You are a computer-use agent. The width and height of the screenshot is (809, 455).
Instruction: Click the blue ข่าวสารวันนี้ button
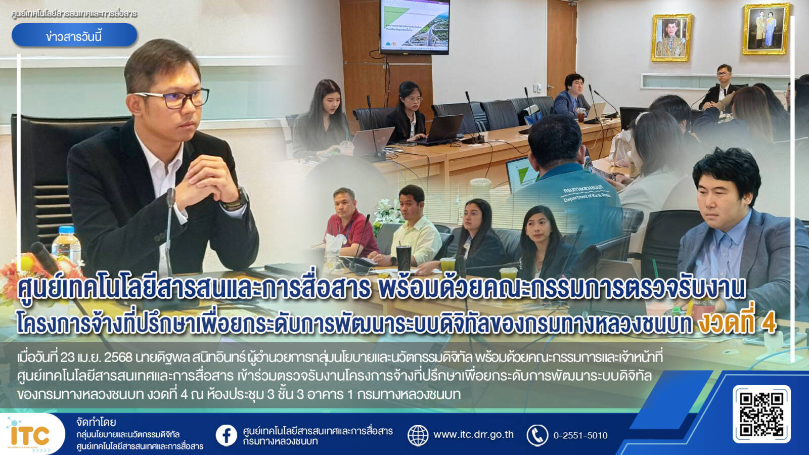pos(74,35)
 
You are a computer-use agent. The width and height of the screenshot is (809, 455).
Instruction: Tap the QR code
pos(761,414)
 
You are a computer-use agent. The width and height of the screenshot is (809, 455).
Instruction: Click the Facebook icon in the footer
pos(226,435)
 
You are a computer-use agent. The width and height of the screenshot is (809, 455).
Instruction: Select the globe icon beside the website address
pos(418,435)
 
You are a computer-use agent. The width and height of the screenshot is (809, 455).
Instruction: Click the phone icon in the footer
pos(537,435)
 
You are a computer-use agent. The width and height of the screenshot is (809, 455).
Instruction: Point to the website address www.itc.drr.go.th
pos(473,434)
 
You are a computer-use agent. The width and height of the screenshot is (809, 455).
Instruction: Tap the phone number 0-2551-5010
pos(580,435)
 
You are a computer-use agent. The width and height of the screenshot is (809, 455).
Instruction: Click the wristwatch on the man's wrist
pos(236,200)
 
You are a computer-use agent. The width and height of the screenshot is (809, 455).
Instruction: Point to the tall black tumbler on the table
pos(403,258)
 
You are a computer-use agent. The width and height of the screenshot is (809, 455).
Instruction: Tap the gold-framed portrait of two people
pos(766,29)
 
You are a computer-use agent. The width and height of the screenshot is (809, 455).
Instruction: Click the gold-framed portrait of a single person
pos(671,37)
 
